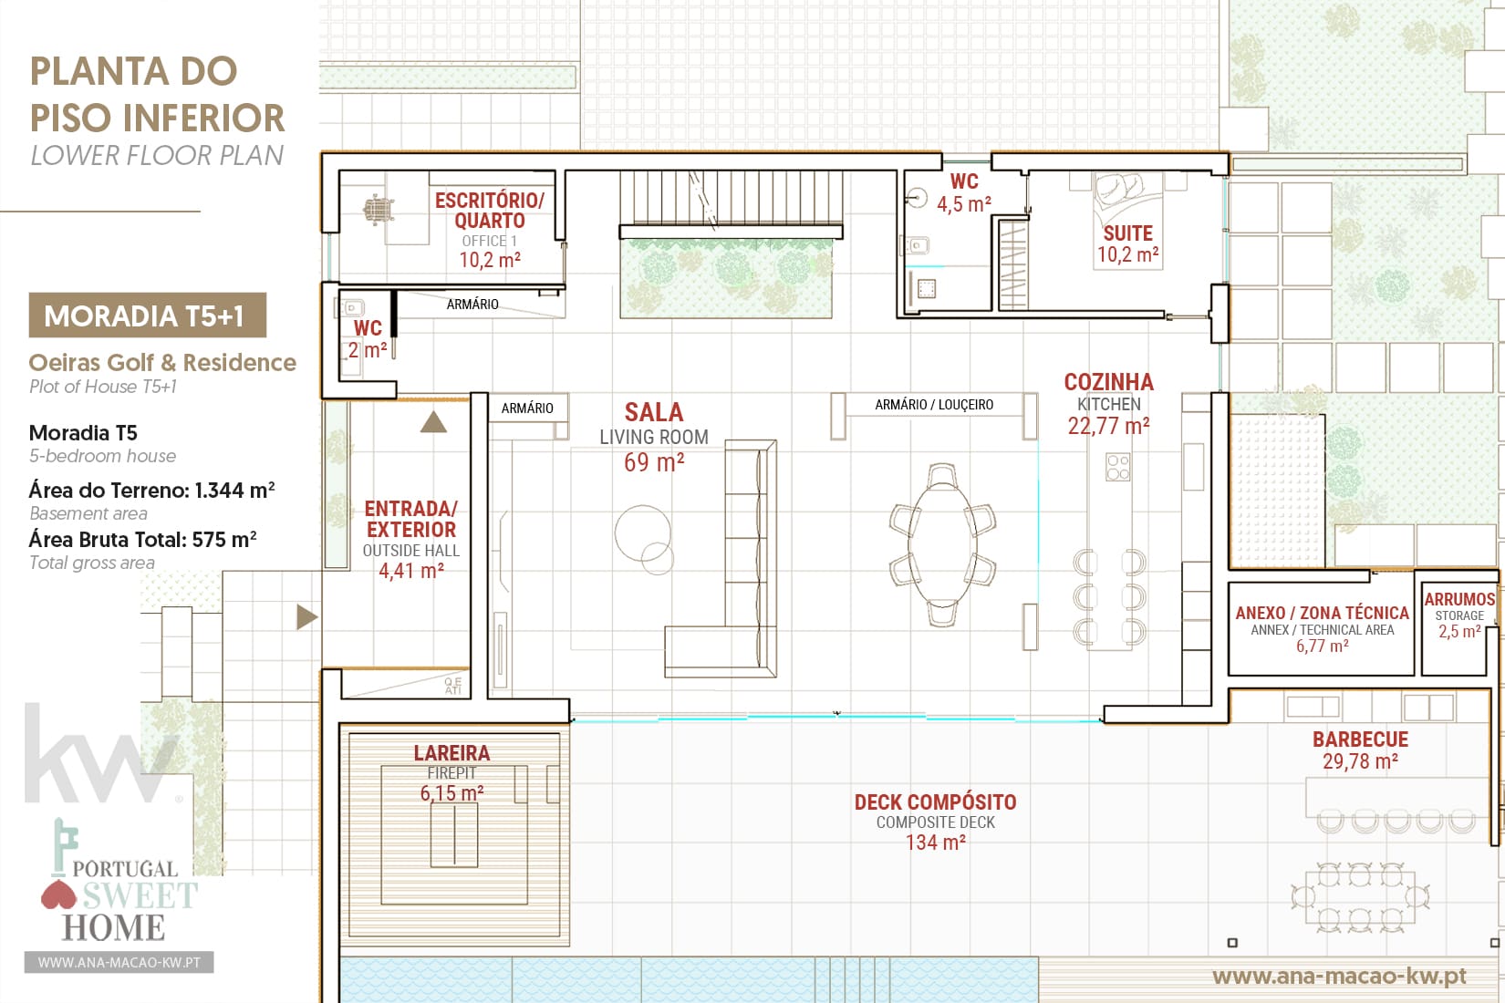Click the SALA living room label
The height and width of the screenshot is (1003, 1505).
point(654,438)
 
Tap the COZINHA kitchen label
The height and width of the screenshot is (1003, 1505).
point(1108,403)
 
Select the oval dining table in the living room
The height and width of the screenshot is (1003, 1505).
point(942,544)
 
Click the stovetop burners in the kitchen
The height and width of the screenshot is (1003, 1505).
point(1118,467)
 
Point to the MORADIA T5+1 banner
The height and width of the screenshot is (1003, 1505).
point(147,315)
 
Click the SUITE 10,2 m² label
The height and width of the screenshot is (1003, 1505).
point(1128,243)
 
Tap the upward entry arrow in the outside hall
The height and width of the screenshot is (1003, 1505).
point(433,421)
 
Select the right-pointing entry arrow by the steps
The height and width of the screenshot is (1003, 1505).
point(306,616)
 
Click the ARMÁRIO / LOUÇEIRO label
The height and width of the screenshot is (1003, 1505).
point(934,405)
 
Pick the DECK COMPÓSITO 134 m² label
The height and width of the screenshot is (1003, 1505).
point(935,822)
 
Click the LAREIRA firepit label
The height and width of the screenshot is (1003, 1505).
point(451,772)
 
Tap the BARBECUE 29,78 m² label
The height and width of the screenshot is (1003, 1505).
point(1361,750)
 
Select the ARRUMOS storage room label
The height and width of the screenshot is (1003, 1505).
point(1459,615)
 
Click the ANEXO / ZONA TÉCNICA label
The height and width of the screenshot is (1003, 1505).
point(1322,629)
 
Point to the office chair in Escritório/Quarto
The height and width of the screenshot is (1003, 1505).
point(379,210)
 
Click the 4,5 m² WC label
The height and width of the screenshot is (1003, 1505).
point(964,192)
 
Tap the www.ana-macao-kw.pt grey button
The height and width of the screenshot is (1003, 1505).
point(119,962)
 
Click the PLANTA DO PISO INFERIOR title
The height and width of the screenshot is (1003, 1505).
point(157,95)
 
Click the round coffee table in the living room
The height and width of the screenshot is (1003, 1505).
point(643,533)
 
